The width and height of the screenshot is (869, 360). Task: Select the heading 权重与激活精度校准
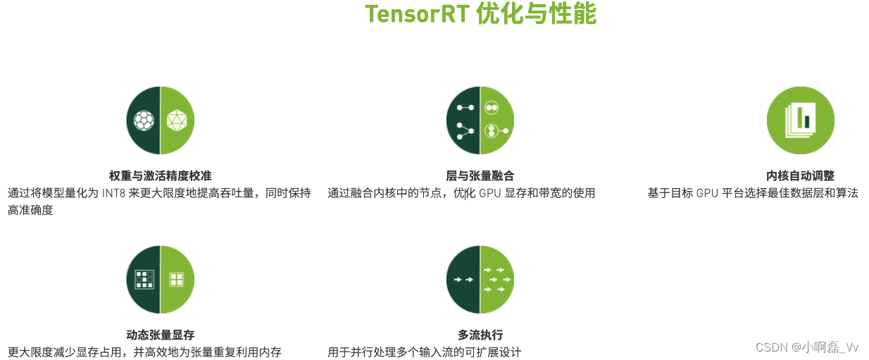(x=160, y=175)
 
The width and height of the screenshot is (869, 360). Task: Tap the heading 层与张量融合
(x=480, y=175)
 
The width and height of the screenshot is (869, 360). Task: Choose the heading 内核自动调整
(x=800, y=175)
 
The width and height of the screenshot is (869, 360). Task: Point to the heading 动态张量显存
(x=160, y=335)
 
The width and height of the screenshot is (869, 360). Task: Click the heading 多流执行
(x=480, y=335)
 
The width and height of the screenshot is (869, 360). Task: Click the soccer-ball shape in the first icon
(x=144, y=120)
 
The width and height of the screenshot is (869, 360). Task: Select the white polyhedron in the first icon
(x=177, y=120)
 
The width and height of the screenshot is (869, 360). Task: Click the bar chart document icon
(x=800, y=120)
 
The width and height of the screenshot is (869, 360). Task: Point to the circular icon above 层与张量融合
(x=480, y=120)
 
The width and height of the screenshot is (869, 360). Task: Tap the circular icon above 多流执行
(x=480, y=280)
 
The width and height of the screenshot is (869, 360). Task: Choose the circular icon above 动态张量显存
(x=160, y=280)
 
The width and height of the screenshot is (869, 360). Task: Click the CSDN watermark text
(x=771, y=347)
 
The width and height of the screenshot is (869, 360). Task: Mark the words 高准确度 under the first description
(x=30, y=210)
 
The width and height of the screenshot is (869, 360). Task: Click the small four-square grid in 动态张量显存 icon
(x=176, y=279)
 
